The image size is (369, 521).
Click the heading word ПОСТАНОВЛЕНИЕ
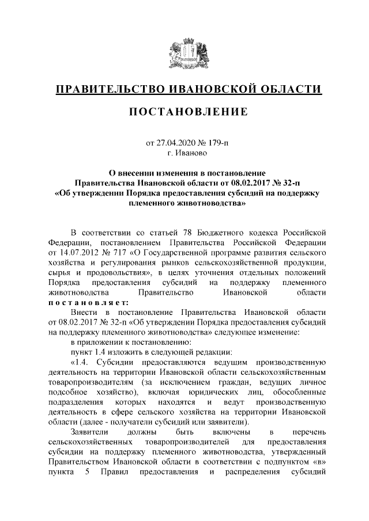(184, 111)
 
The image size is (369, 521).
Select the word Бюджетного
(224, 232)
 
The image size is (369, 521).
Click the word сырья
(59, 273)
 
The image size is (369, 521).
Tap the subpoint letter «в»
(319, 463)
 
